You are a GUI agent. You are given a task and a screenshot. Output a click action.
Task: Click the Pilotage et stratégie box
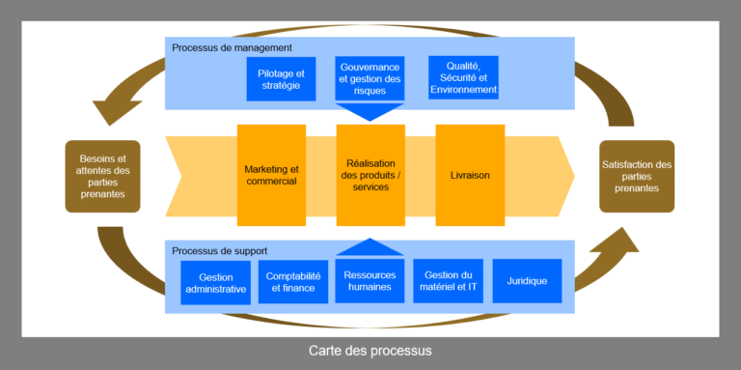[281, 78]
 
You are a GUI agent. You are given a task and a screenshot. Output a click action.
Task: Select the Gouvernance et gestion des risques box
[370, 78]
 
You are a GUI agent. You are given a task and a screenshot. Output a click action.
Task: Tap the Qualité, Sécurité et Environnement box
[463, 78]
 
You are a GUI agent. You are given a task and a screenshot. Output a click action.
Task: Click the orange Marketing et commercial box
[271, 175]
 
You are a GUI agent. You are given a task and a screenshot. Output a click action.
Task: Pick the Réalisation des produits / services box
[370, 175]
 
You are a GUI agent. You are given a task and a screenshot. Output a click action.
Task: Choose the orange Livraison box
[470, 175]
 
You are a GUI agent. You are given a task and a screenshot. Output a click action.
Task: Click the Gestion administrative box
[215, 282]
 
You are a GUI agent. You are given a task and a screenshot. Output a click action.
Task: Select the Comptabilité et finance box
[293, 281]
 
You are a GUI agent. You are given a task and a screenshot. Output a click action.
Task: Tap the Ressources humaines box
[370, 281]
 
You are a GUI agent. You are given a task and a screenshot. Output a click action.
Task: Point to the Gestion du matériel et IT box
[448, 281]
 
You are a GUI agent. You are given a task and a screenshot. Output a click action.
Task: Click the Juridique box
[527, 281]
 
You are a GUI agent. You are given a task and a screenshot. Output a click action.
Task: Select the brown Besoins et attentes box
[102, 176]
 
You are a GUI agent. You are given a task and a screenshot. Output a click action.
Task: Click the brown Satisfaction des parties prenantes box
[637, 176]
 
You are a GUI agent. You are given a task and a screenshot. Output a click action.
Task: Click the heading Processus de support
[220, 251]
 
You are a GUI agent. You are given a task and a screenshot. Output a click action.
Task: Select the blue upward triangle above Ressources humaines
[370, 248]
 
